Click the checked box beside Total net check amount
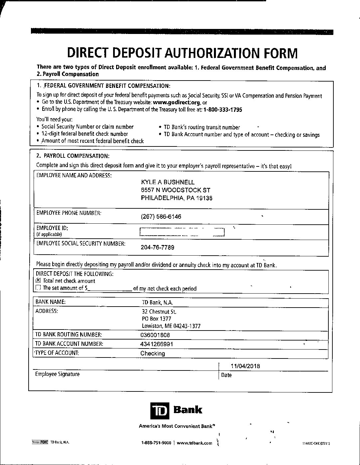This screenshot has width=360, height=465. [38, 281]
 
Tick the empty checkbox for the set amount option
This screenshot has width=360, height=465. [38, 288]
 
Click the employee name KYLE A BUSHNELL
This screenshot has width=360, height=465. [168, 182]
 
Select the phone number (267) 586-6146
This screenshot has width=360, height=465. [161, 217]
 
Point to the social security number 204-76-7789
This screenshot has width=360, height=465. [157, 247]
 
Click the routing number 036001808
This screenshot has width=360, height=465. [155, 335]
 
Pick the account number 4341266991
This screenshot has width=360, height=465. [156, 344]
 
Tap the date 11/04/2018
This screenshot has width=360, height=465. [245, 366]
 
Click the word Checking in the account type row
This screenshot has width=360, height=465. [152, 353]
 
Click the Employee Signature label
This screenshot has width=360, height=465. [57, 374]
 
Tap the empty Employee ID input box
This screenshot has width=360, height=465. [182, 232]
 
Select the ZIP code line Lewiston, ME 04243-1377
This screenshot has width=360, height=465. [171, 326]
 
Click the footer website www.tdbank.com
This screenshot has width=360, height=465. [194, 443]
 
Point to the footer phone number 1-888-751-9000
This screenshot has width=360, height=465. [156, 443]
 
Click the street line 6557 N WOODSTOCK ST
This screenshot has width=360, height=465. [175, 190]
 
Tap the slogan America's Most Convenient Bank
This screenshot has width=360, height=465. [176, 426]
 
